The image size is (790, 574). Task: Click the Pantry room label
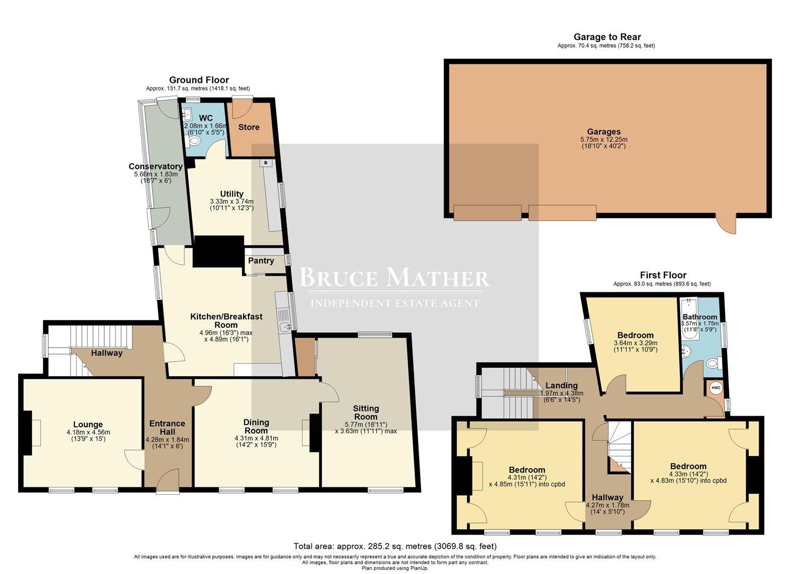(261, 260)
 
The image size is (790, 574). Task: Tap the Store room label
(248, 127)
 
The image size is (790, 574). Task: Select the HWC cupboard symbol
(716, 388)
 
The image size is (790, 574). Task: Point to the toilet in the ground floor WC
(194, 140)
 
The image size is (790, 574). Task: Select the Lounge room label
(88, 425)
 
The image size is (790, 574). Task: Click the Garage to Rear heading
(606, 37)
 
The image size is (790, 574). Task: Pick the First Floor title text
(663, 275)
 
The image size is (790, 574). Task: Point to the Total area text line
(395, 546)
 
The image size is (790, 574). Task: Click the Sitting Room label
(366, 412)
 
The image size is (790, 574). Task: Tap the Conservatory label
(155, 166)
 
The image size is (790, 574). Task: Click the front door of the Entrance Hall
(168, 481)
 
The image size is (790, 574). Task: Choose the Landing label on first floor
(561, 385)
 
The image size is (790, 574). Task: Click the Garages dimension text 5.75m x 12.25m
(604, 139)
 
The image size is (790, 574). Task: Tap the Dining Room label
(256, 426)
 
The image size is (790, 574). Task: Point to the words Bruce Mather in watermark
(394, 278)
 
